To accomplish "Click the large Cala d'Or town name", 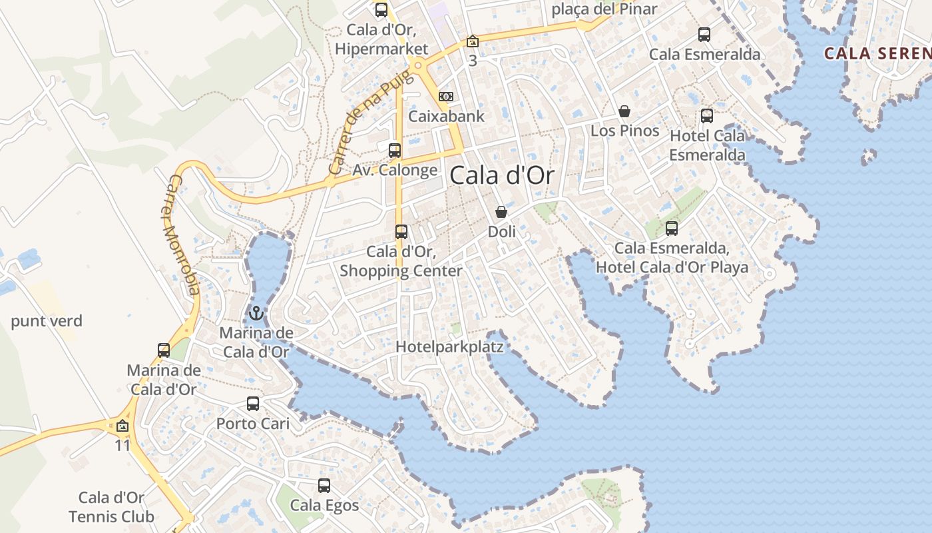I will click(x=502, y=176).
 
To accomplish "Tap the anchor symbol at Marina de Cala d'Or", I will click(x=256, y=312).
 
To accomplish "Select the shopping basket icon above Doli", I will click(x=501, y=212).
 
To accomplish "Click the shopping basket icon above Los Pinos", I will click(x=624, y=111).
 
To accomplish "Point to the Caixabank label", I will click(x=446, y=116).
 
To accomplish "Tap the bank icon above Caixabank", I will click(x=447, y=97).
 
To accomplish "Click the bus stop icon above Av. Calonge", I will click(x=395, y=150).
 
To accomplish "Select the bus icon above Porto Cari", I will click(x=253, y=403).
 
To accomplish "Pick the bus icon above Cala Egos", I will click(x=324, y=485).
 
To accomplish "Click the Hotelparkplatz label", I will click(x=449, y=347).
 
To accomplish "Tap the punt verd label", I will click(x=47, y=321).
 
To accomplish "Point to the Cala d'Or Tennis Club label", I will click(x=111, y=507).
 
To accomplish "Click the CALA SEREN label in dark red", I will click(x=877, y=53).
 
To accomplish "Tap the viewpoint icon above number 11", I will click(x=122, y=426).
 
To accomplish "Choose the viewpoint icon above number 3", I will click(x=473, y=42).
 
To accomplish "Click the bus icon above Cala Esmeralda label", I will click(x=704, y=35).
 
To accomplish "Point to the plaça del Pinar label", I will click(x=604, y=9).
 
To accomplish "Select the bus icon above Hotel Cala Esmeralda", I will click(x=707, y=116).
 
